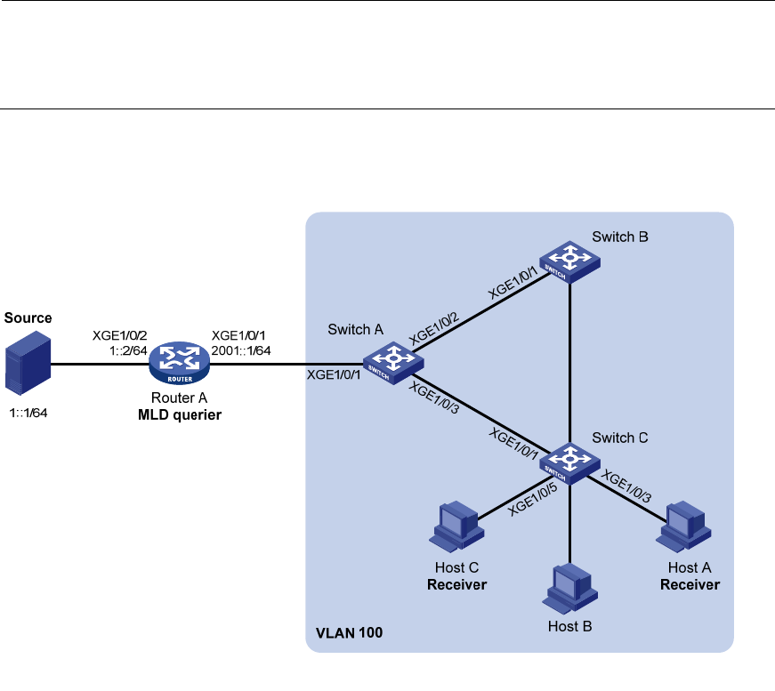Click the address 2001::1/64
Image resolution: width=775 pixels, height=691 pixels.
coord(241,350)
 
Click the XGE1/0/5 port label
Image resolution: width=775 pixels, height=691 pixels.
coord(532,495)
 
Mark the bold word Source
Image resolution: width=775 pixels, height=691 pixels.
coord(28,317)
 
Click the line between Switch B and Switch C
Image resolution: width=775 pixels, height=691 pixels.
coord(569,356)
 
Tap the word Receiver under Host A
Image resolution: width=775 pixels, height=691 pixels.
coord(689,584)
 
